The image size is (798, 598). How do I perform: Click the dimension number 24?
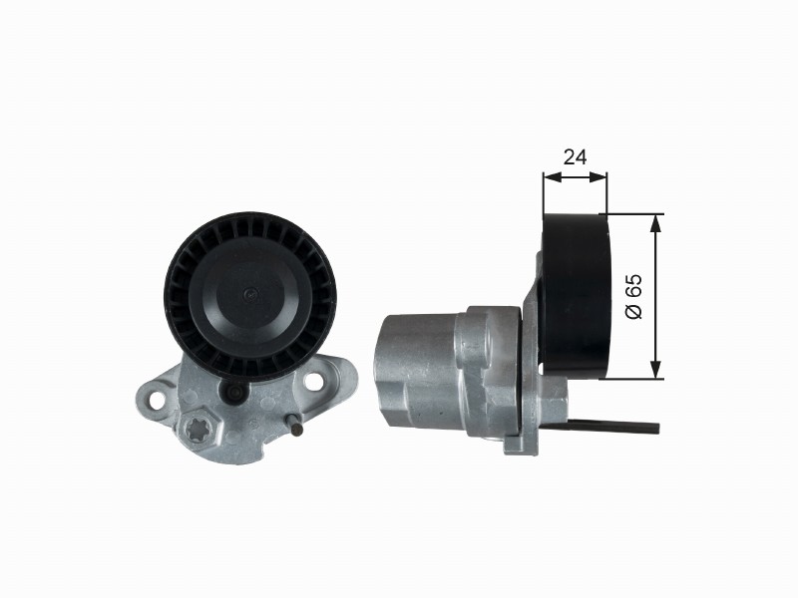[576, 157]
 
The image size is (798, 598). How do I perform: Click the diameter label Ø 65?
[634, 296]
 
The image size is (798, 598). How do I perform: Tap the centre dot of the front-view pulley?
[250, 294]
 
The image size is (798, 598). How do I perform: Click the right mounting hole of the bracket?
[313, 380]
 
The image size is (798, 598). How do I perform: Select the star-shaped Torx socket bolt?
[197, 431]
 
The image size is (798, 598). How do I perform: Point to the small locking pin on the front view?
[293, 425]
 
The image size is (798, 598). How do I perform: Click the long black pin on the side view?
[612, 427]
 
